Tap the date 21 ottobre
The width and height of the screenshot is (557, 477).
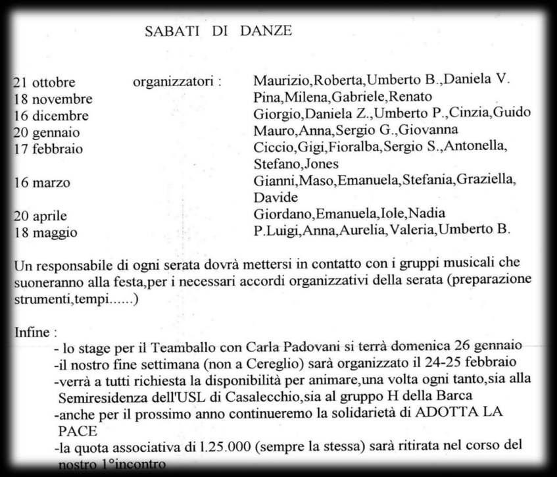click(x=45, y=83)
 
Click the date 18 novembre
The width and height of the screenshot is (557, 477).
click(x=53, y=99)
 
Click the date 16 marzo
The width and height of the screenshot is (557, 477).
click(x=41, y=182)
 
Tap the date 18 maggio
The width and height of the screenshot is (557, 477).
click(x=45, y=232)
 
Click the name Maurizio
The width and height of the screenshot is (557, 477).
click(x=281, y=82)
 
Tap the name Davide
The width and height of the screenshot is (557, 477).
click(x=275, y=197)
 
